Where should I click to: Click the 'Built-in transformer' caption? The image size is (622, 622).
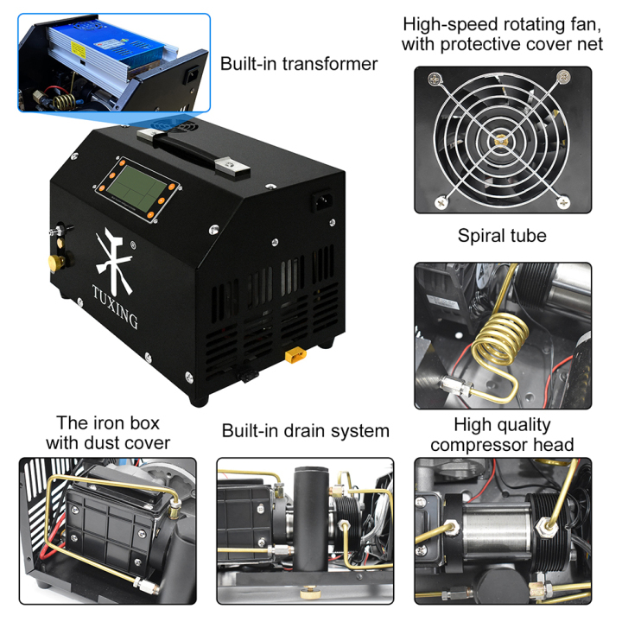pyautogui.click(x=299, y=63)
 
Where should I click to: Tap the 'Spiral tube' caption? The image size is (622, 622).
pyautogui.click(x=502, y=235)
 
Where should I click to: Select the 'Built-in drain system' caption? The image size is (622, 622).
pyautogui.click(x=305, y=430)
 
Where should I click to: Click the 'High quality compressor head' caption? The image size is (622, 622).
pyautogui.click(x=502, y=435)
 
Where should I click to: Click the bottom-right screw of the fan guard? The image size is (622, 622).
pyautogui.click(x=564, y=201)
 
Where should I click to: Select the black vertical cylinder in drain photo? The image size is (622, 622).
pyautogui.click(x=308, y=517)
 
